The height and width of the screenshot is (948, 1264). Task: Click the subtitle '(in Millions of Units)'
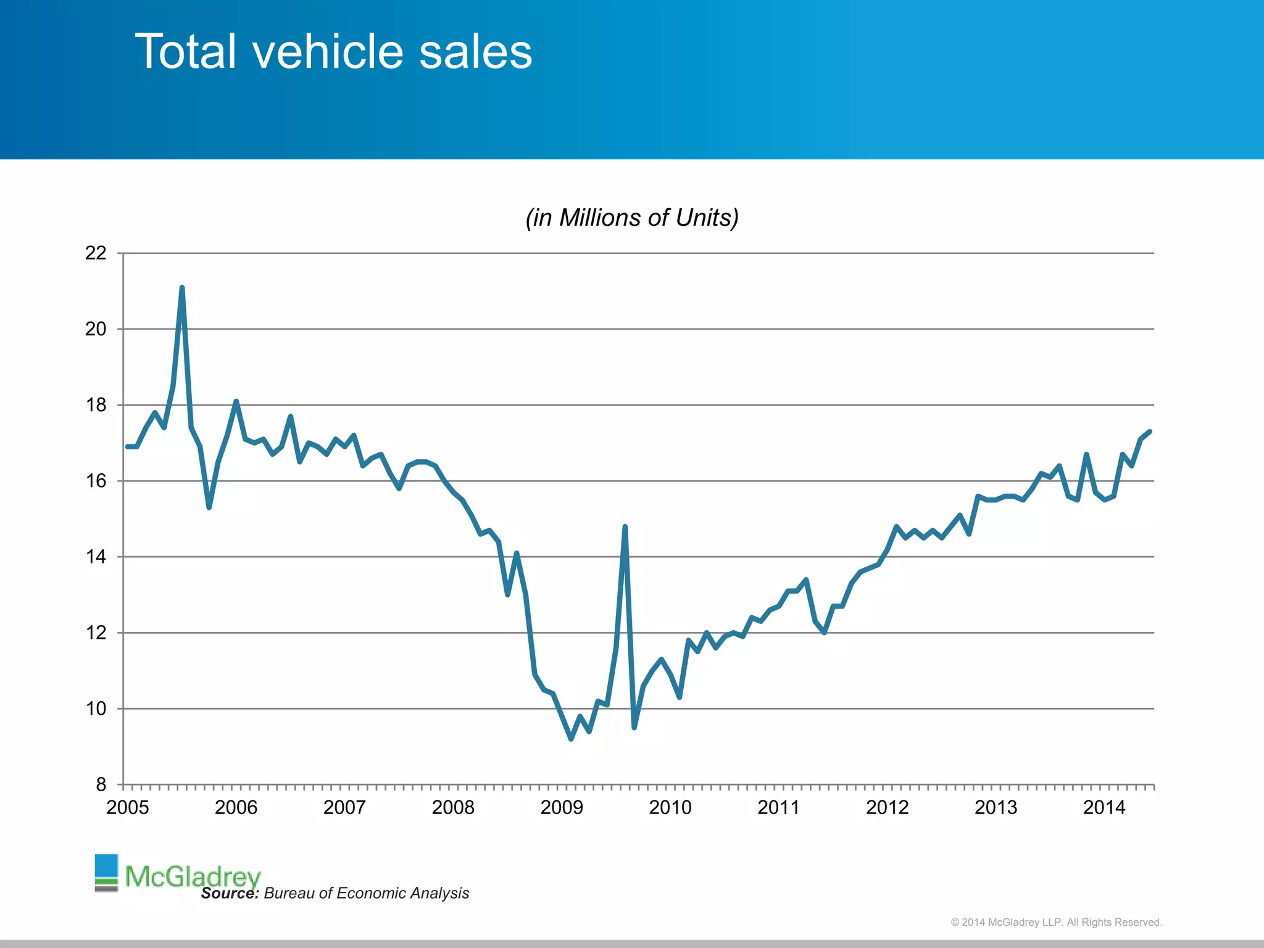tap(631, 218)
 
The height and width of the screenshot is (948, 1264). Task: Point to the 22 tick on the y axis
tap(96, 253)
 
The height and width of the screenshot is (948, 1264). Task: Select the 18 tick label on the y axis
tap(96, 405)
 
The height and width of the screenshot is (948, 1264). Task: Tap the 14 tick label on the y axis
tap(96, 557)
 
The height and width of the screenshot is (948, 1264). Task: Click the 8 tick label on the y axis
tap(101, 784)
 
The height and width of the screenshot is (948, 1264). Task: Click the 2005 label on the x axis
tap(128, 807)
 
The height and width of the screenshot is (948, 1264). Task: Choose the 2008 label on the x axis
tap(453, 807)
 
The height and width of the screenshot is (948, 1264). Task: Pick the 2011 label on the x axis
tap(778, 807)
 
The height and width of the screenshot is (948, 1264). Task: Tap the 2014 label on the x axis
tap(1104, 807)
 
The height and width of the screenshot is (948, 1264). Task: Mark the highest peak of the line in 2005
tap(182, 288)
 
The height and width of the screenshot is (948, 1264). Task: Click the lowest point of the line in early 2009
tap(571, 739)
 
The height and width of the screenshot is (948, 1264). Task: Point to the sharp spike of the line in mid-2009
tap(625, 527)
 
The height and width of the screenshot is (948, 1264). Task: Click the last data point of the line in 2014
tap(1150, 431)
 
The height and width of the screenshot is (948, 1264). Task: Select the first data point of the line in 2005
tap(127, 446)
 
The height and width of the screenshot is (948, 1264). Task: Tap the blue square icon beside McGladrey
tap(106, 865)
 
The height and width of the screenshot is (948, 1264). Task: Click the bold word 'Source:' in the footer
tap(230, 893)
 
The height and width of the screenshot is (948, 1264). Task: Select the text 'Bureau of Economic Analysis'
tap(367, 893)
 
